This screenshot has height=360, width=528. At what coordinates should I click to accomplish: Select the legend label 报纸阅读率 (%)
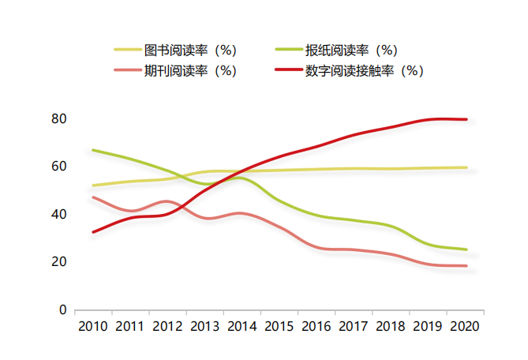(350, 51)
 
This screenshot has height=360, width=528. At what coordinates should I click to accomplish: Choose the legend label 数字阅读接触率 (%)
(365, 70)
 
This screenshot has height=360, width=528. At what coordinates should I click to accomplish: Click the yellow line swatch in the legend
(126, 51)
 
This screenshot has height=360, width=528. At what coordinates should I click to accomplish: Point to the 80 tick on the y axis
(58, 119)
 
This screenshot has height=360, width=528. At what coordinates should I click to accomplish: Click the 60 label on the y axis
(58, 167)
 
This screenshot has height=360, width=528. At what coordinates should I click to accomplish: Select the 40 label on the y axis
(58, 215)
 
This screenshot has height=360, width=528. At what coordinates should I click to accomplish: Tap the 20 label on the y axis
(58, 262)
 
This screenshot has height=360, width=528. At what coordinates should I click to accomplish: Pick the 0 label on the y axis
(62, 310)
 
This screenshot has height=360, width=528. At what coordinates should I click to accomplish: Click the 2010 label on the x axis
(93, 326)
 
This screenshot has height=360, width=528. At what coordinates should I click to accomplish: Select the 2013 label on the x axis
(204, 326)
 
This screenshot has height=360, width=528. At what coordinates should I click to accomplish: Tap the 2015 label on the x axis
(279, 326)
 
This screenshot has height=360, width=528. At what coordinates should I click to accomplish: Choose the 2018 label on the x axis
(390, 326)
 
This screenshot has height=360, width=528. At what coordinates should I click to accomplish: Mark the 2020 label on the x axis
(464, 326)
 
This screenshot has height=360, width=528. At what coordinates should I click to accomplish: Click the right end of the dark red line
(466, 119)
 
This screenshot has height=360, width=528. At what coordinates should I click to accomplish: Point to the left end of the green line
(93, 150)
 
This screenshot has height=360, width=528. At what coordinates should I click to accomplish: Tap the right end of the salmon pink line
(466, 266)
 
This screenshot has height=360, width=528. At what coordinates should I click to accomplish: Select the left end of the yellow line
(93, 186)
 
